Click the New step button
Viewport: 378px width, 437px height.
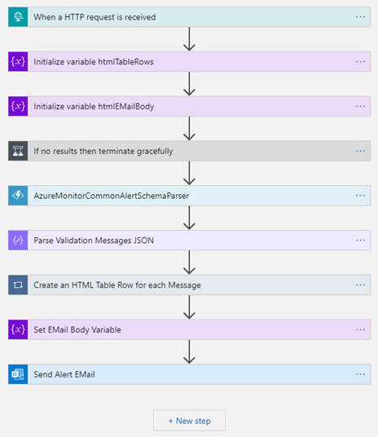(x=189, y=421)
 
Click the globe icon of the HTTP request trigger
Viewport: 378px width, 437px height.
(x=18, y=17)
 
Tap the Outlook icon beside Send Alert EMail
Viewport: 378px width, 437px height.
(x=18, y=374)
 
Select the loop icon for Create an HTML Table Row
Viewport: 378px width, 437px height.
(x=18, y=285)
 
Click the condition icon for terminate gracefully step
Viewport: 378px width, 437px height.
(x=18, y=151)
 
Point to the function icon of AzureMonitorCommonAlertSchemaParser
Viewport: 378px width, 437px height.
(x=18, y=196)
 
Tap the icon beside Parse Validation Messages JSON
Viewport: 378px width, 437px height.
(x=18, y=241)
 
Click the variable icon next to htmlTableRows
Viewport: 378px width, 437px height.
(x=18, y=62)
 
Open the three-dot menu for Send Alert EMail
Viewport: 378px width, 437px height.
(x=360, y=374)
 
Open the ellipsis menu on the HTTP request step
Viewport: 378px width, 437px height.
(x=360, y=17)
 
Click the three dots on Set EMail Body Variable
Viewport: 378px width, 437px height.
(x=360, y=329)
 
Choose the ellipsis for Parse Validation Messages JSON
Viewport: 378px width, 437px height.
(x=360, y=241)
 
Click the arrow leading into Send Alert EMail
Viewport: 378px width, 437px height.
(x=189, y=351)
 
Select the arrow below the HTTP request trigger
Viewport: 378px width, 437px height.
(x=189, y=39)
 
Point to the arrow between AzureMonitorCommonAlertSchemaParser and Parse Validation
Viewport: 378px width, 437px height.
(x=189, y=218)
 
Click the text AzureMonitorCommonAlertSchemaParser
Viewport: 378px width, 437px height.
(x=112, y=196)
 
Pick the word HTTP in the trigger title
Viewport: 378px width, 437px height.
(x=74, y=17)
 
